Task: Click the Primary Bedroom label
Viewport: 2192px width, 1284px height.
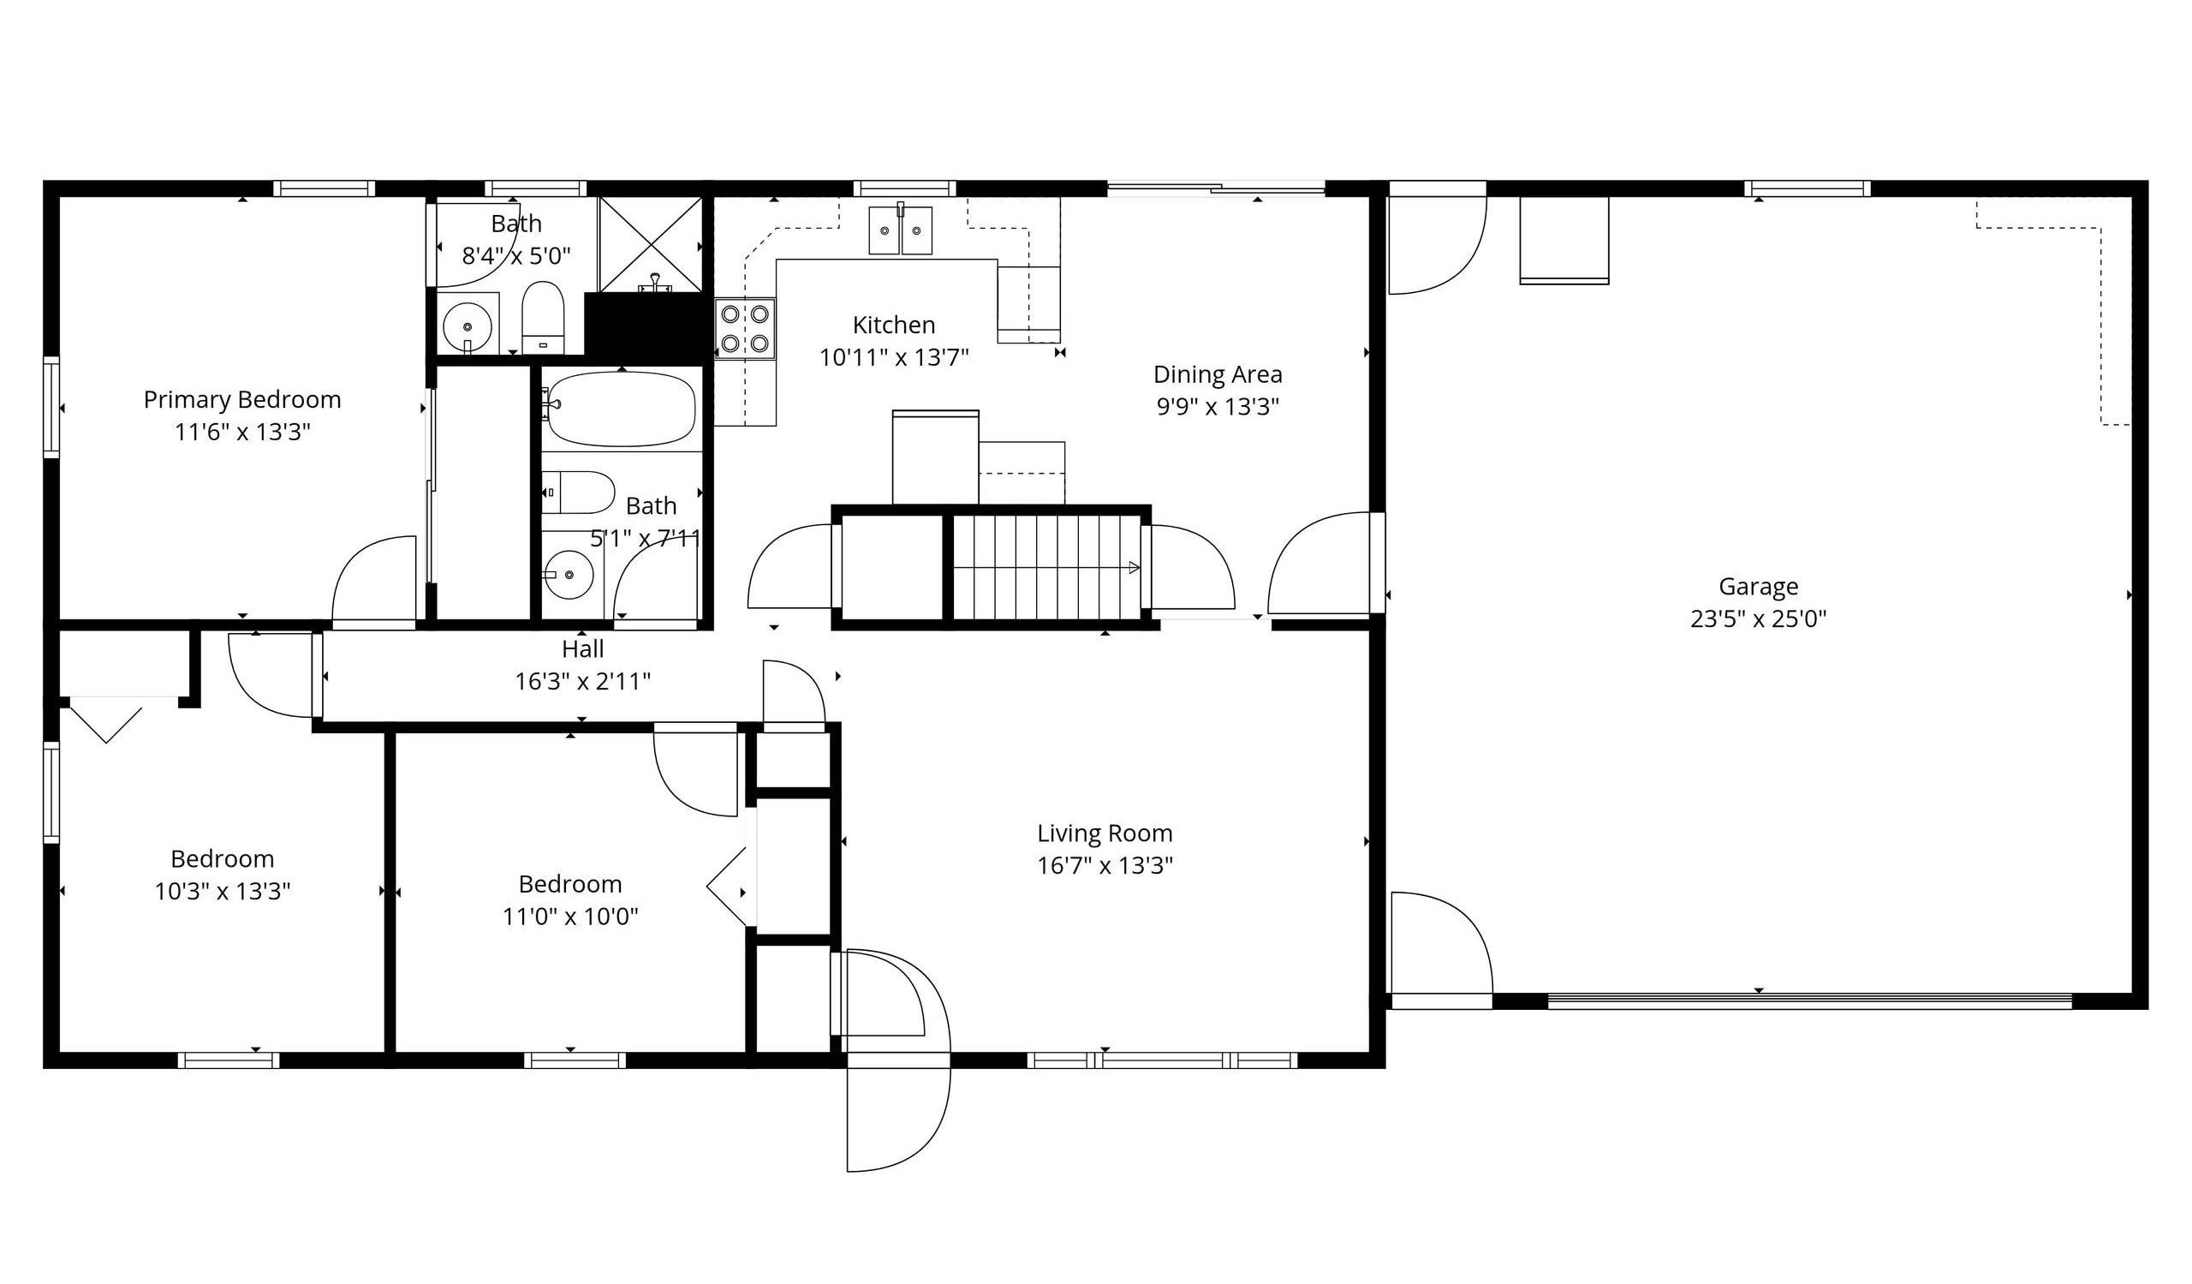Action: coord(241,400)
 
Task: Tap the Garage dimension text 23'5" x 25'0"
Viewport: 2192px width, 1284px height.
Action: coord(1758,619)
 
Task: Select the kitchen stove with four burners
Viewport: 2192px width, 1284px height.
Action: coord(745,328)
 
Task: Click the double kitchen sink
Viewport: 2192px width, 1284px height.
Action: coord(900,230)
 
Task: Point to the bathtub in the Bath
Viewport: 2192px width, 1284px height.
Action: coord(621,409)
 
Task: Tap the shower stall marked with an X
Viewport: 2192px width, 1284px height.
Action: coord(650,243)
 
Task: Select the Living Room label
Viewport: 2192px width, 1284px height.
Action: coord(1105,833)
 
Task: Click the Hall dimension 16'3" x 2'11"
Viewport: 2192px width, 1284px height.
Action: coord(582,681)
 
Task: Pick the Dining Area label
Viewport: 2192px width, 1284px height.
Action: coord(1217,375)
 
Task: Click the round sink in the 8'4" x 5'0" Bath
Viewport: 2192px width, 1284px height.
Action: coord(468,327)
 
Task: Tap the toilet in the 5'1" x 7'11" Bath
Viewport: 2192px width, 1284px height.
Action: coord(579,493)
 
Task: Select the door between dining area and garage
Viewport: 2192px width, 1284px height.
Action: coord(1322,565)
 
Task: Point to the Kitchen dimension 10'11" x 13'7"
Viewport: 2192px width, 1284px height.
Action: coord(893,357)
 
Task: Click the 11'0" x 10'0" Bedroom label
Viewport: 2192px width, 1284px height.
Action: coord(569,885)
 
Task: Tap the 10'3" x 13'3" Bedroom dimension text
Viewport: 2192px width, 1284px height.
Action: coord(223,892)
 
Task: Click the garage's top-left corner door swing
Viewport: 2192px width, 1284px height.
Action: coord(1435,243)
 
